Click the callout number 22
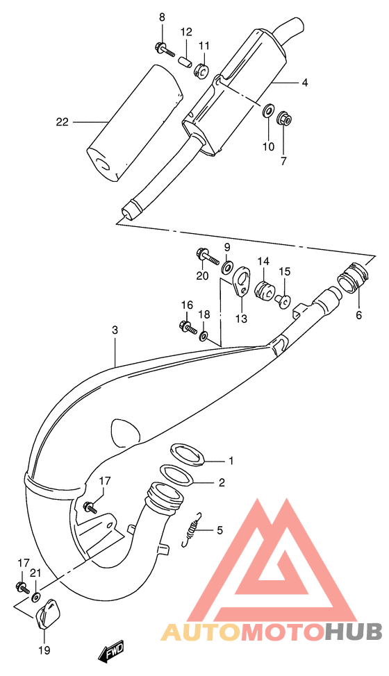[63, 123]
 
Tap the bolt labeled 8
[160, 49]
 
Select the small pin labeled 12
[185, 60]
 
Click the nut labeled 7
[283, 119]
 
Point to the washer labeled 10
[267, 111]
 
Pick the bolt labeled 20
[206, 257]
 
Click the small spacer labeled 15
[284, 301]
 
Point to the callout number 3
[115, 331]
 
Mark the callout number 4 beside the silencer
[304, 83]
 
